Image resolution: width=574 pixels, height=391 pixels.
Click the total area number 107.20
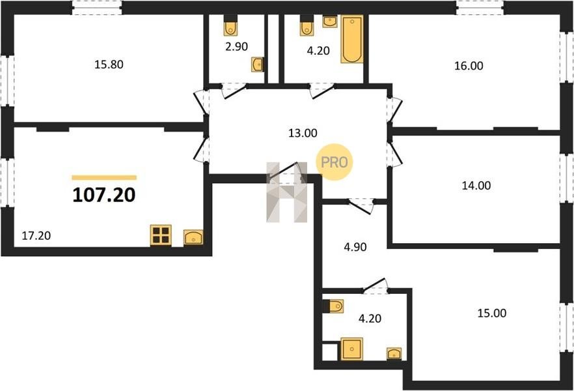(x=104, y=195)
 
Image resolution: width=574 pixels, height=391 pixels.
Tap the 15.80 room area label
(x=109, y=65)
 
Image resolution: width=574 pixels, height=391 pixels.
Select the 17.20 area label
(x=36, y=236)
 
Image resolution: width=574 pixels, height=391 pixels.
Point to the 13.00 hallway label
(x=303, y=133)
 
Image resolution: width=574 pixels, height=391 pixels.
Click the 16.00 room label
(x=469, y=66)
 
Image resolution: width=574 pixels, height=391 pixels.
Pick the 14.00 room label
(x=476, y=186)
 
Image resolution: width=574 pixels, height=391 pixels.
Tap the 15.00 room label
(x=492, y=313)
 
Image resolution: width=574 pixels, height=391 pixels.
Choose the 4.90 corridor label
(x=355, y=248)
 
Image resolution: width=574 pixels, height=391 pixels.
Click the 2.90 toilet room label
(x=236, y=46)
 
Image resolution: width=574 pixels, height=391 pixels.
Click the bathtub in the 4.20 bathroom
(x=352, y=39)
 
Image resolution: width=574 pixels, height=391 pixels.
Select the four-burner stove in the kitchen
(x=161, y=235)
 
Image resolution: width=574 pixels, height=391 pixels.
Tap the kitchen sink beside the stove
(x=193, y=237)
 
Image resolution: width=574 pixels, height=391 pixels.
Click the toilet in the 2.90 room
(x=230, y=25)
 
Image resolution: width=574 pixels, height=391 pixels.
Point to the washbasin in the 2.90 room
(x=257, y=65)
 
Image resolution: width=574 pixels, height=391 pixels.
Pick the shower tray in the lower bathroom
(x=352, y=349)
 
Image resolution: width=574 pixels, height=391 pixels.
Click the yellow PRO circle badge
(x=335, y=162)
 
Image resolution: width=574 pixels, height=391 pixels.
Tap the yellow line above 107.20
(x=104, y=178)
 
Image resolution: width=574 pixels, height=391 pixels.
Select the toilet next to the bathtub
(x=307, y=25)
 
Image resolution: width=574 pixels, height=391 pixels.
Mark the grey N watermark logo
(x=286, y=192)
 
